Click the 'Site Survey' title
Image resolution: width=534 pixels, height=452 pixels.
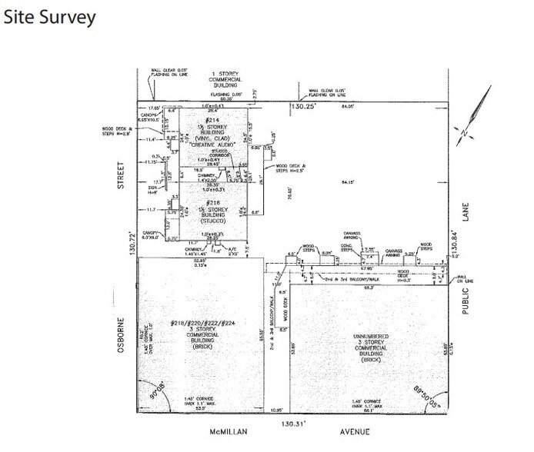(50, 17)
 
